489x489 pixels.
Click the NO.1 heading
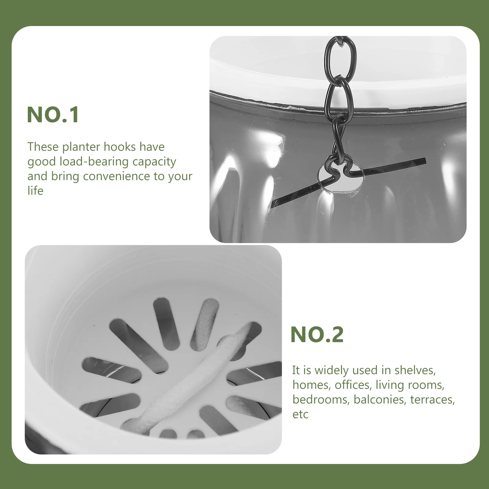pyautogui.click(x=53, y=115)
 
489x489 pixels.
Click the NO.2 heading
pyautogui.click(x=317, y=335)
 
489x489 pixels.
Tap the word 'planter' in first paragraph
pyautogui.click(x=82, y=147)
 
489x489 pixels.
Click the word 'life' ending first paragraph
pyautogui.click(x=35, y=191)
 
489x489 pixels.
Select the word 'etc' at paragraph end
pyautogui.click(x=300, y=414)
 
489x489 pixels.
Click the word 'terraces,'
pyautogui.click(x=432, y=399)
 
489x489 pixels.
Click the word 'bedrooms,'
pyautogui.click(x=320, y=399)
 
